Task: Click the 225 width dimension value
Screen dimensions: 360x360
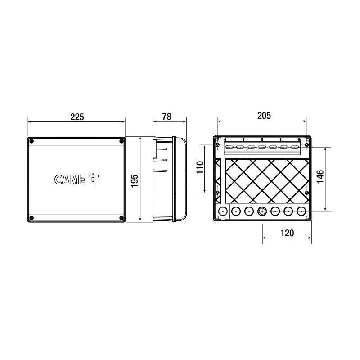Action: (77, 117)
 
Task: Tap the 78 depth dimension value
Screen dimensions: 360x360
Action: (167, 117)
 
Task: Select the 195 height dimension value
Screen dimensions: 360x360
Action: (135, 181)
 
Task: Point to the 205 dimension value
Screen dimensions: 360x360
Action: (264, 116)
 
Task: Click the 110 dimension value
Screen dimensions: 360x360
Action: (200, 167)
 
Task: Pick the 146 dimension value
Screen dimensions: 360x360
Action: (320, 176)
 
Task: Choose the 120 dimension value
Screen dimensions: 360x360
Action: (287, 233)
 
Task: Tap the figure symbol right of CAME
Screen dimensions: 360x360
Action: (94, 178)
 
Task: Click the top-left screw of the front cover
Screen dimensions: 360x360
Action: (32, 141)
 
